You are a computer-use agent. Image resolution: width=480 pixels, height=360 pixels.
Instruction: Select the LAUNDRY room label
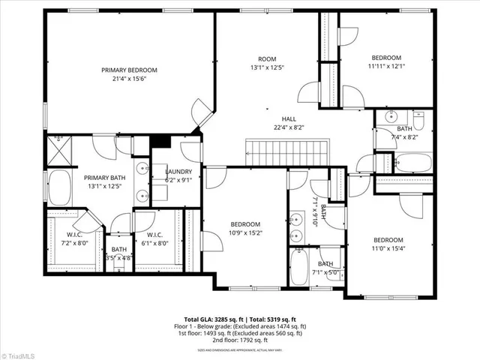178,171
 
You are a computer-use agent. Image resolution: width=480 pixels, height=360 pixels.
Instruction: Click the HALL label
289,118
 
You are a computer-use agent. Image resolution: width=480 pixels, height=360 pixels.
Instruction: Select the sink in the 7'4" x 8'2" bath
391,118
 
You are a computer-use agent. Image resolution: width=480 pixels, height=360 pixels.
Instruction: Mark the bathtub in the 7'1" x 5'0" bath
304,267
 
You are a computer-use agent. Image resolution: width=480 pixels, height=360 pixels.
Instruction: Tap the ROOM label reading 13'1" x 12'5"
267,58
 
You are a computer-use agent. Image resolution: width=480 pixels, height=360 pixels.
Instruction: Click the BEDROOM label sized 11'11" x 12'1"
386,58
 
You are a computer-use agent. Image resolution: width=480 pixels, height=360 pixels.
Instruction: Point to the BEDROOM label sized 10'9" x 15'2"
245,224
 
